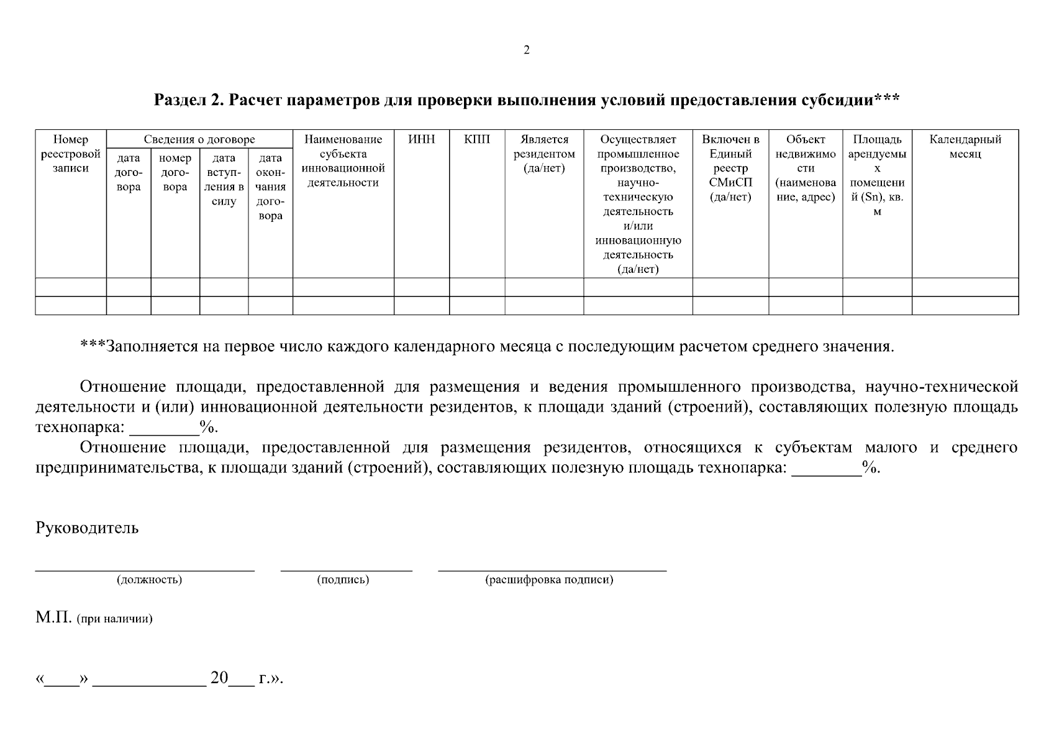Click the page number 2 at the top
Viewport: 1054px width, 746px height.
point(527,50)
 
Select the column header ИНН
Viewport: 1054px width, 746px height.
point(421,140)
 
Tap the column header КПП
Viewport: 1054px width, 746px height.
point(476,140)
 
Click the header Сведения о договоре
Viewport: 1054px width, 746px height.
point(199,140)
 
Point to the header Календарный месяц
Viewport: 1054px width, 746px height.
point(965,147)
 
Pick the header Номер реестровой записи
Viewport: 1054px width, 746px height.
point(70,154)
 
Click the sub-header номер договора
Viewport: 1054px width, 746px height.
point(175,173)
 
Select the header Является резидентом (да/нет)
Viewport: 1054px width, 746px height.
point(544,154)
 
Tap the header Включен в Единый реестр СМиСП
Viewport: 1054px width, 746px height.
point(730,168)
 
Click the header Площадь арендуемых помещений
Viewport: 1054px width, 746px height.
point(876,175)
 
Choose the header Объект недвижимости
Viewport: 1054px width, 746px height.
point(805,168)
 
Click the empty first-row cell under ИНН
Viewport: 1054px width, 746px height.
point(421,287)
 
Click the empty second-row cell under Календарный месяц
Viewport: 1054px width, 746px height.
point(965,306)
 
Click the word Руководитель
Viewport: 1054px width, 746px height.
point(87,528)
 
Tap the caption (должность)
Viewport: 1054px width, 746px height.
point(149,580)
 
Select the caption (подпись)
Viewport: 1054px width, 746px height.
point(343,580)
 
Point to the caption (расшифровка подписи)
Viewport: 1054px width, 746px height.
point(549,580)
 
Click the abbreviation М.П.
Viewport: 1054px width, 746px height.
point(54,619)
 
